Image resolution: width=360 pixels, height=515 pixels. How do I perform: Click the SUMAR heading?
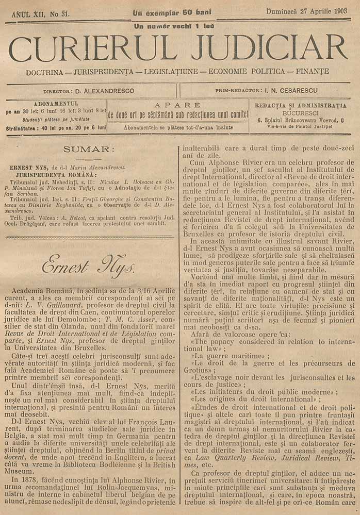tap(86, 149)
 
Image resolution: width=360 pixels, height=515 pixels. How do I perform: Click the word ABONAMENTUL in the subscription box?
tap(56, 103)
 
